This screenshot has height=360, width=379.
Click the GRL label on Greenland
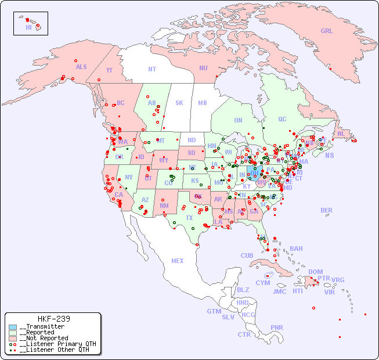click(327, 31)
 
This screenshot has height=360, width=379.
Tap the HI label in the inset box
click(28, 27)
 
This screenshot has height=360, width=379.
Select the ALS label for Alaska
click(81, 67)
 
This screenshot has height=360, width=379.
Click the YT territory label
click(109, 70)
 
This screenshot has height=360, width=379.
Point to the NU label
click(203, 68)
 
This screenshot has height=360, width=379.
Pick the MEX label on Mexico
click(178, 261)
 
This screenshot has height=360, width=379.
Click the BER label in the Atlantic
click(327, 210)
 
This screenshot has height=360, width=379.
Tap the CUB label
click(247, 255)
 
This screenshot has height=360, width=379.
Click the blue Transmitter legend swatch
click(13, 327)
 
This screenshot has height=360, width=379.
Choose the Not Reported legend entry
click(44, 338)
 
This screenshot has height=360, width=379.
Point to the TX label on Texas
click(189, 218)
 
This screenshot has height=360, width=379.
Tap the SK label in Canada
click(179, 103)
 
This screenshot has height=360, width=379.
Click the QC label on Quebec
click(282, 119)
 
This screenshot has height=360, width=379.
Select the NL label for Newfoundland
click(341, 133)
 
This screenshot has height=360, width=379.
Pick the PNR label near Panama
click(277, 327)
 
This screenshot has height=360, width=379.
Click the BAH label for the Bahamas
click(296, 249)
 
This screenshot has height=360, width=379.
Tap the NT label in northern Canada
click(152, 69)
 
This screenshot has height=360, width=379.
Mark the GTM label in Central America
click(214, 311)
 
